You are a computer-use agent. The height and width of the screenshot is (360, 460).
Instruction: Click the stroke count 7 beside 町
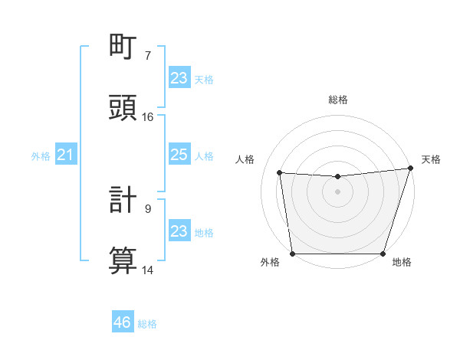(x=148, y=55)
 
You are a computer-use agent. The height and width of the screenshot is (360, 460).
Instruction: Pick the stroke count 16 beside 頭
(x=148, y=116)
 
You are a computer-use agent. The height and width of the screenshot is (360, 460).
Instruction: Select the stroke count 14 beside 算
(x=148, y=270)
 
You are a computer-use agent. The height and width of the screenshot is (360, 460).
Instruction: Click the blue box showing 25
(x=179, y=155)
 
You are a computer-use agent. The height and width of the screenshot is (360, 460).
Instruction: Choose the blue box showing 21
(x=65, y=155)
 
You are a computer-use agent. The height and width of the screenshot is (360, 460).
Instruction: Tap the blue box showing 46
(x=123, y=322)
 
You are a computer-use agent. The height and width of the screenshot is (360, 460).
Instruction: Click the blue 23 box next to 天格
(x=179, y=78)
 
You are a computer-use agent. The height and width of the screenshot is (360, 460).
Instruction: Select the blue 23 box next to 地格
(x=179, y=231)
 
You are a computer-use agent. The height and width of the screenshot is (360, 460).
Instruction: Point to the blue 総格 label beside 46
(x=147, y=324)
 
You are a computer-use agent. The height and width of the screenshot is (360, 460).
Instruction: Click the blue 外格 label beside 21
(x=41, y=156)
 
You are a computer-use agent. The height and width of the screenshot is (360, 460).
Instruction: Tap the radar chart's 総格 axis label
(x=337, y=100)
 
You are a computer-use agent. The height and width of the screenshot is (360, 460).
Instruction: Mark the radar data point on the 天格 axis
(x=410, y=169)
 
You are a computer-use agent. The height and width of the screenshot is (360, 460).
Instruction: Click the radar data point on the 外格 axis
(x=292, y=254)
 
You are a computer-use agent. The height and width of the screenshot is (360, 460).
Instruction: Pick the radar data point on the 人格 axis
(x=280, y=173)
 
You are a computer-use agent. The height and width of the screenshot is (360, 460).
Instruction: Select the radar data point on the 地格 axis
(x=383, y=254)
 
